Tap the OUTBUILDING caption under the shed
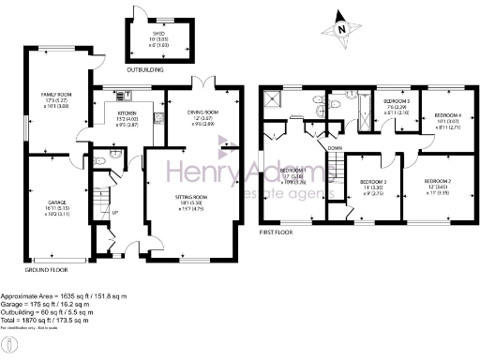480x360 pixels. click(146, 69)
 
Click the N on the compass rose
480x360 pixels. click(342, 29)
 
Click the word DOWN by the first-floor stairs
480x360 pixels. click(335, 148)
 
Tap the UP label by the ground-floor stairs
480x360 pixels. click(115, 212)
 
